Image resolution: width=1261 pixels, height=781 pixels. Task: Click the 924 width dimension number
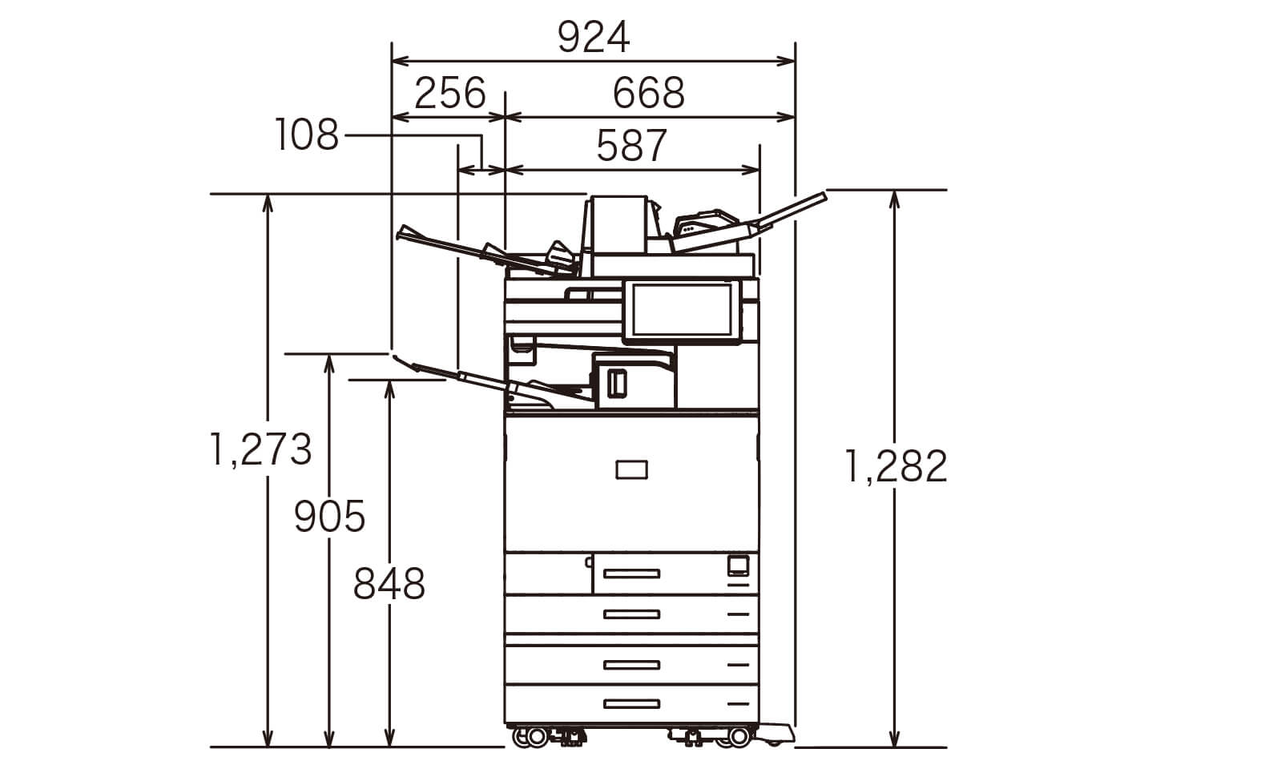pos(594,37)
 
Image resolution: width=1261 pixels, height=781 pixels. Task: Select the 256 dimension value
pos(449,93)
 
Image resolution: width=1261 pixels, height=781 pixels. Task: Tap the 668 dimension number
pos(648,93)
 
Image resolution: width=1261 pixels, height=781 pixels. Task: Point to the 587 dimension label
pos(631,145)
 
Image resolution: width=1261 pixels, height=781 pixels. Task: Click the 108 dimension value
pos(307,135)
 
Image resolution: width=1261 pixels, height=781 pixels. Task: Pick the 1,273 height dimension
pos(260,449)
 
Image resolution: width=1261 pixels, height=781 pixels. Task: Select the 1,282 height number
pos(896,466)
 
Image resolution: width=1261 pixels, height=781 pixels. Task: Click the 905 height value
pos(329,517)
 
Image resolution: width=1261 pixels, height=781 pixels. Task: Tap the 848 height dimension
pos(389,583)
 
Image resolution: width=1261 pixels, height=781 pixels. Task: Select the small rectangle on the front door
pos(631,470)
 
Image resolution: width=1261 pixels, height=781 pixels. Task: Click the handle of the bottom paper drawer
pos(631,704)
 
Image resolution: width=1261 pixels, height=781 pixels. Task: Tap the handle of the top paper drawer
pos(631,574)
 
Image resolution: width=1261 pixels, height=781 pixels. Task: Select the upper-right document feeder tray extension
pos(791,209)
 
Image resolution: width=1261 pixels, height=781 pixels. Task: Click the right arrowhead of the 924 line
pos(786,61)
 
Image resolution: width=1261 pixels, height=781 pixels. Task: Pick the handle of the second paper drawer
pos(631,614)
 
